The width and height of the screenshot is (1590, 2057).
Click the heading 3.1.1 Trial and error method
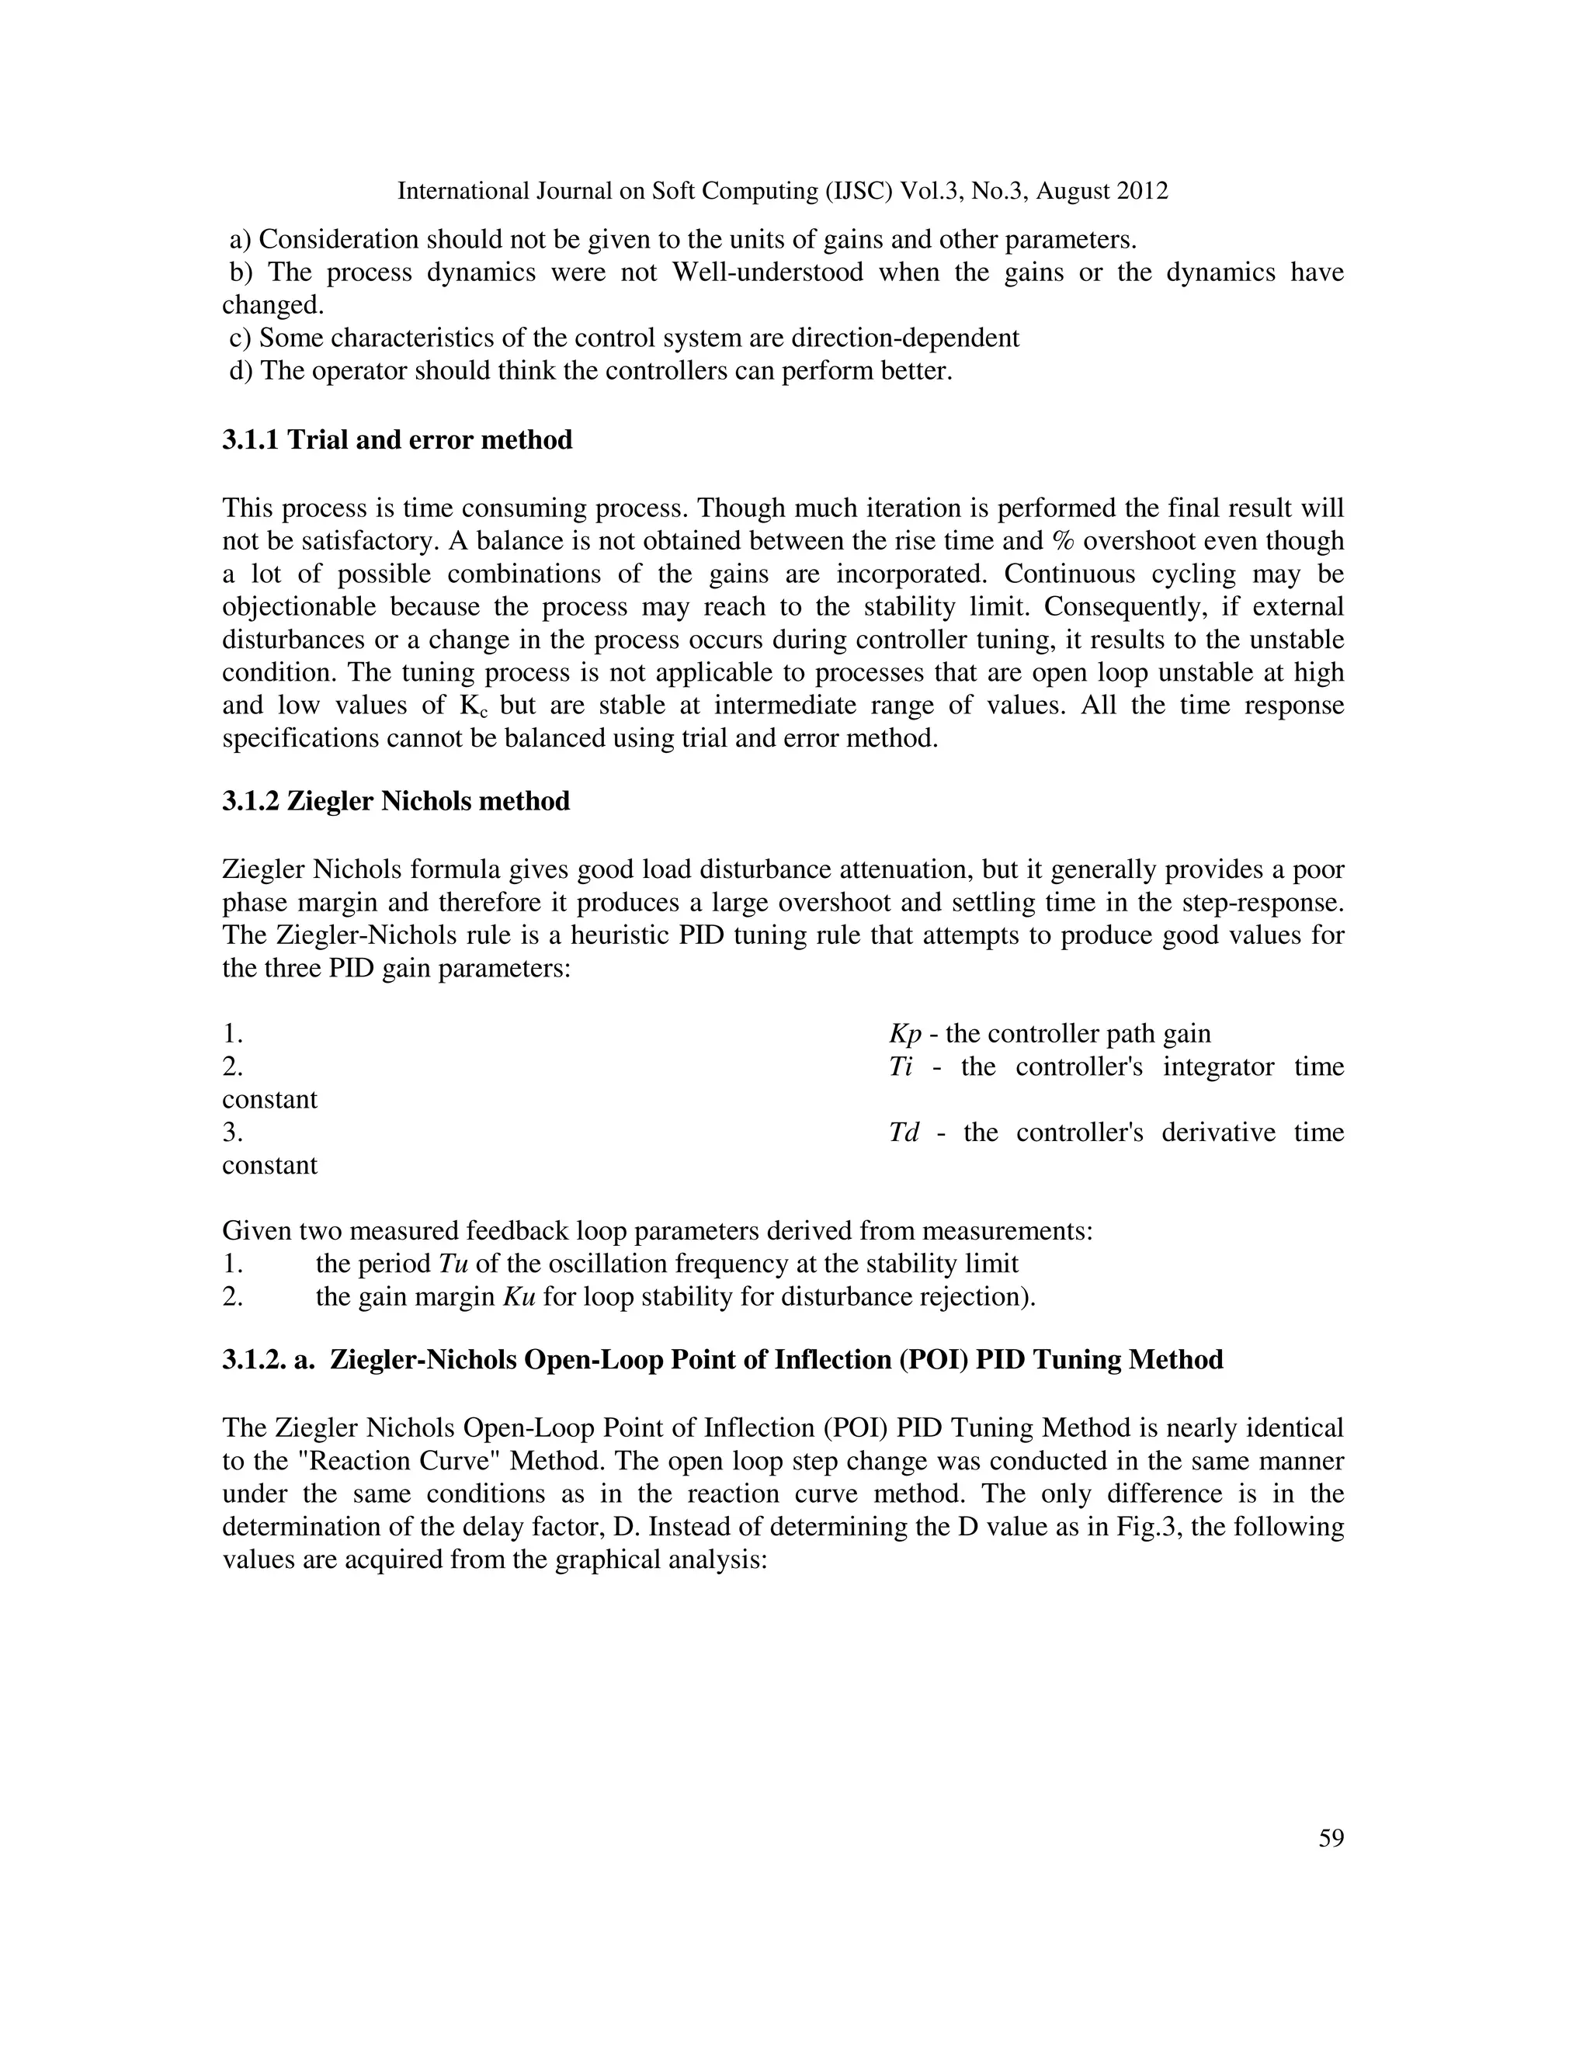coord(397,440)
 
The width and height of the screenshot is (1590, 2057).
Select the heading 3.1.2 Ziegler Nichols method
coord(396,802)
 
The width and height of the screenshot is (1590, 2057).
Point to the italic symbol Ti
coord(901,1067)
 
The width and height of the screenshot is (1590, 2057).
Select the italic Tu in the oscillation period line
coord(454,1264)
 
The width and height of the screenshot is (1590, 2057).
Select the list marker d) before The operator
coord(241,371)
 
